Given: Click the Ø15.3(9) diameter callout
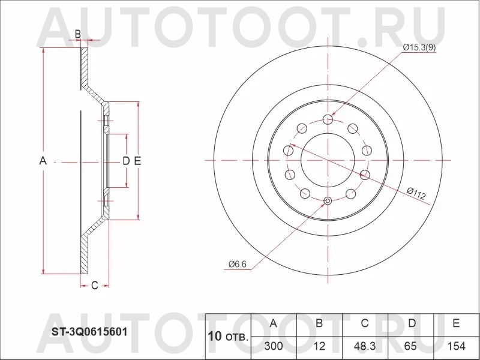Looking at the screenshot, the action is [419, 48].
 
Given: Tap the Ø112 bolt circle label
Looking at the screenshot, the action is [416, 193].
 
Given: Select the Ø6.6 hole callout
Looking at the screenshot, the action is [237, 264].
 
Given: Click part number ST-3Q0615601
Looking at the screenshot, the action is [89, 332].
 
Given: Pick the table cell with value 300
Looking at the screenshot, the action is [274, 346].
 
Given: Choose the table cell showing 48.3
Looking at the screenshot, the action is [364, 346].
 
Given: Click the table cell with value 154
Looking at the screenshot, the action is [456, 346].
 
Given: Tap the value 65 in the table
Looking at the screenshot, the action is [410, 346].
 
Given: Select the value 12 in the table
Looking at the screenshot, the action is [319, 346].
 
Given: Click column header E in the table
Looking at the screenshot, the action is [456, 323].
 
